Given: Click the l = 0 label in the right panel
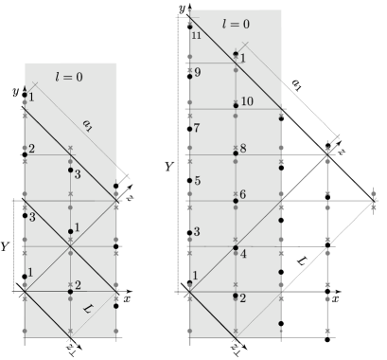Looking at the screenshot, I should pos(236,24).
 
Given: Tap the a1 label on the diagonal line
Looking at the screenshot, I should pos(88,124).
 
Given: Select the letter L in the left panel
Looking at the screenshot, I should pos(88,310).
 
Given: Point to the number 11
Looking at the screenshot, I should pos(197,35).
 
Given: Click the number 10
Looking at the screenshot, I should pos(247,101).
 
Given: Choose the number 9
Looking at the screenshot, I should pos(198,72).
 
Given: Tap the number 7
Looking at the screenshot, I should pos(197,128).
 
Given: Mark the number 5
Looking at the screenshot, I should pos(197,181).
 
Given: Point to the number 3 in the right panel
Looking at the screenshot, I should pos(197,231).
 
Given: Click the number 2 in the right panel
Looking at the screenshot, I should pos(243,298).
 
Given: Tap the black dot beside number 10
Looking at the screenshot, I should pos(236,106).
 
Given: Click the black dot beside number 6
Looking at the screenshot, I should pos(236,200).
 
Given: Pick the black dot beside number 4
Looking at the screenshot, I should pos(236,248).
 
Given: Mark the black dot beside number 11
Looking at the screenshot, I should pos(190,26).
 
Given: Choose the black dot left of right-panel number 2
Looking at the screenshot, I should pos(236,295).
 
